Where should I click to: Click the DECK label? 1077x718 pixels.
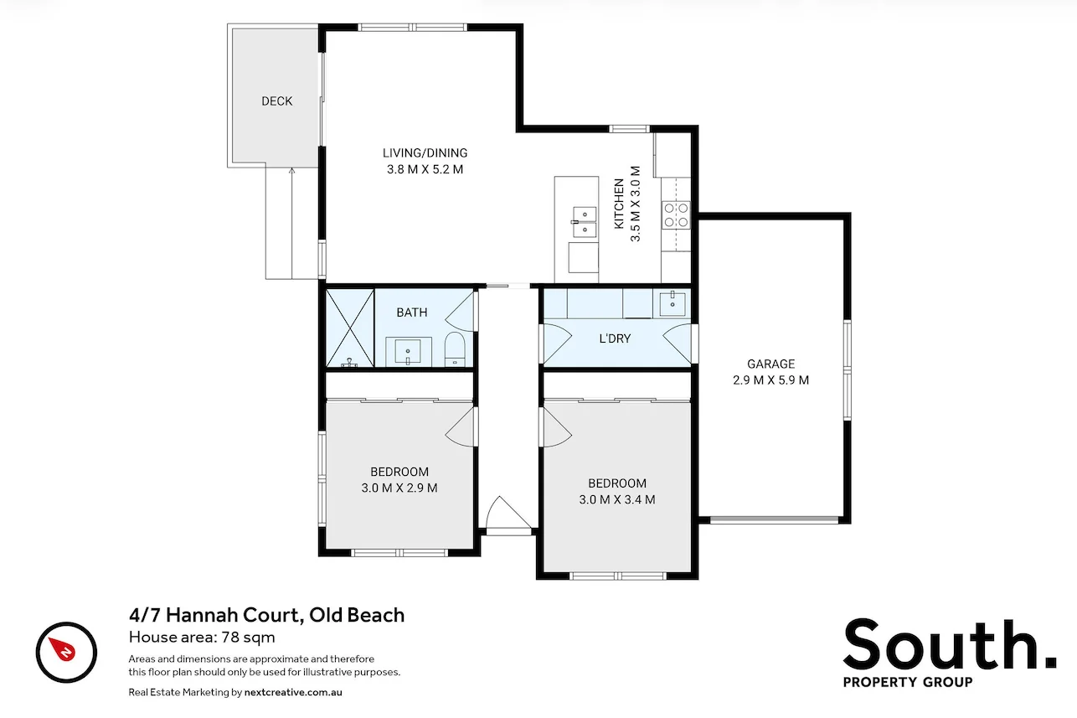[276, 101]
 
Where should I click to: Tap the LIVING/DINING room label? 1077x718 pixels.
[425, 152]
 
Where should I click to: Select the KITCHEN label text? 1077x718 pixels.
[619, 204]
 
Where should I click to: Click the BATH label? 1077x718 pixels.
[411, 313]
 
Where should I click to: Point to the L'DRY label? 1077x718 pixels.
[615, 339]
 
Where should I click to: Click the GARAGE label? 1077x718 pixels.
[770, 364]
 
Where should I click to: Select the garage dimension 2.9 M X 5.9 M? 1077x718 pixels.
[770, 380]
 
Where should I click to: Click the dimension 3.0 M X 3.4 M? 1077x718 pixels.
[616, 500]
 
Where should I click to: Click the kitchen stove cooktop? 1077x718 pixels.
[676, 215]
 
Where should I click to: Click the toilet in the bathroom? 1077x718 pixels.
[454, 349]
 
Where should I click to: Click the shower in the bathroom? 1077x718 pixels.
[349, 328]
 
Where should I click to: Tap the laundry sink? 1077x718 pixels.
[672, 302]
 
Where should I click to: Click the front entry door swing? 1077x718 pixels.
[504, 513]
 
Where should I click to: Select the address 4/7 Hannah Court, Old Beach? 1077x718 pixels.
[266, 615]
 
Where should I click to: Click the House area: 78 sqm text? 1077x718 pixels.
[202, 637]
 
